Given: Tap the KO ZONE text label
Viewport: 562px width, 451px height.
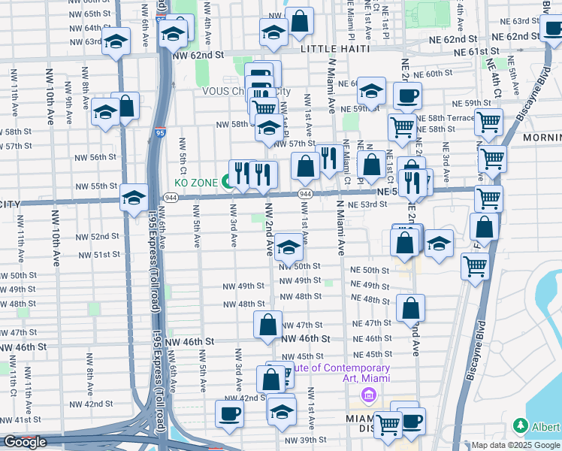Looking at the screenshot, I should click(x=196, y=183).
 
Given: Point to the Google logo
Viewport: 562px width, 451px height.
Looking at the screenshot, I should click(x=25, y=442).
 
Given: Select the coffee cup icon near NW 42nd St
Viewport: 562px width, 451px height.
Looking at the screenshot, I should click(x=229, y=413).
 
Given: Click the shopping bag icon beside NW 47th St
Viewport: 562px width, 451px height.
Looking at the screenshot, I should click(x=268, y=325).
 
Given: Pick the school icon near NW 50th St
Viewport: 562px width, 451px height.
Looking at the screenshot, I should click(x=289, y=246).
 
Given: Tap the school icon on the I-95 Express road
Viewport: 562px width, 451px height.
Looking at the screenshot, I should click(x=134, y=197).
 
